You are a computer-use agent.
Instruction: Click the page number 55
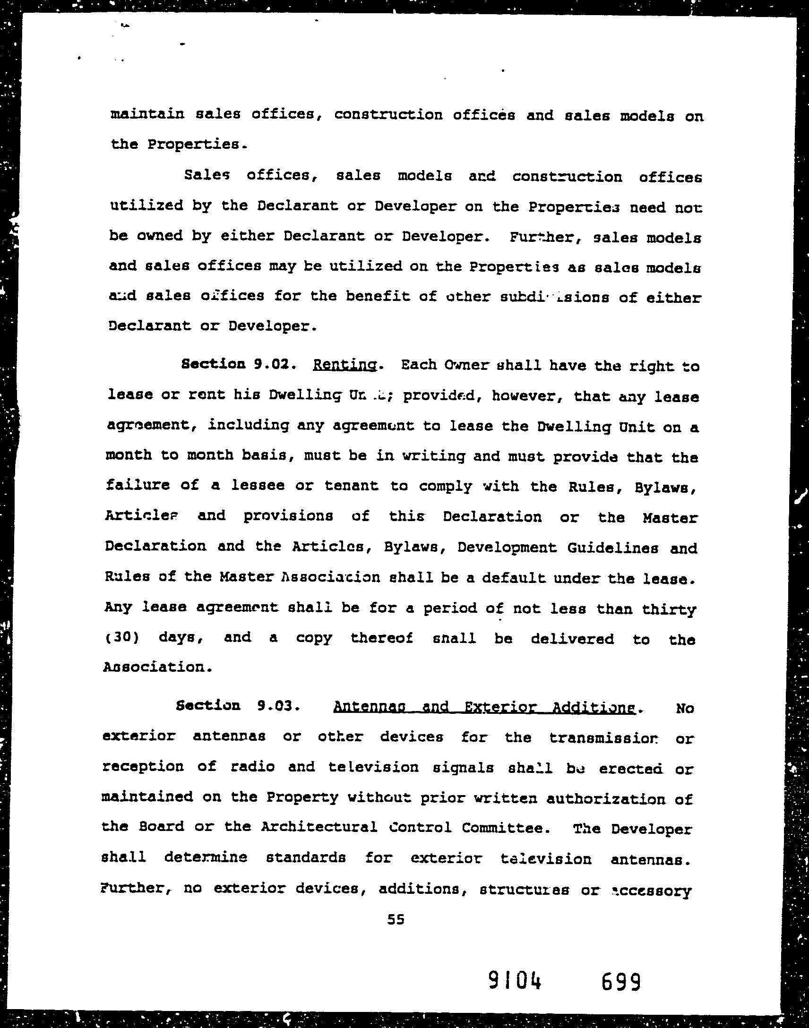click(396, 919)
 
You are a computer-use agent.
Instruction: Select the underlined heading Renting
click(345, 365)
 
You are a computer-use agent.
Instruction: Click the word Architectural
click(319, 827)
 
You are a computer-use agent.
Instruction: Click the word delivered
click(572, 639)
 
